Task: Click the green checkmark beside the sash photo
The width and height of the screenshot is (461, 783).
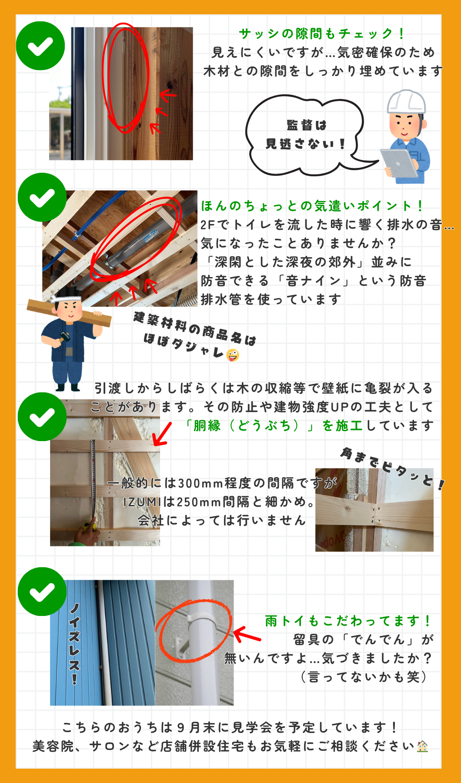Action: click(x=40, y=46)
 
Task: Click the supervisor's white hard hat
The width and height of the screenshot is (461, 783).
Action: click(x=407, y=102)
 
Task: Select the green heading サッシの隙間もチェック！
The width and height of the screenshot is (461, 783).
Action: click(x=322, y=33)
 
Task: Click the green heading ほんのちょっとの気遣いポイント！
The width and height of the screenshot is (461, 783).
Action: click(x=312, y=205)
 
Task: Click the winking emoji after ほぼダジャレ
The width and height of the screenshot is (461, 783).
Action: click(x=233, y=355)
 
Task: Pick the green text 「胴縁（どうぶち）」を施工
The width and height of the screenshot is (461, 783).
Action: click(x=274, y=425)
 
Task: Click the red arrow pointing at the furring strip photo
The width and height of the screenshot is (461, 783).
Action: click(x=163, y=434)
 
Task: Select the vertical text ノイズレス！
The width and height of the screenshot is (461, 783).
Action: click(x=74, y=644)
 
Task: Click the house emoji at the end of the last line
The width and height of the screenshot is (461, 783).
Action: click(x=422, y=746)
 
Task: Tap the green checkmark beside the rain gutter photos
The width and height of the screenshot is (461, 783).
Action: click(x=42, y=592)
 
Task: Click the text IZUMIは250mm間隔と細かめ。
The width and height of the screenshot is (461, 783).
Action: click(x=220, y=502)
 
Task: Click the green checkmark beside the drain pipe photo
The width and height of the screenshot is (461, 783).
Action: click(x=42, y=197)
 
